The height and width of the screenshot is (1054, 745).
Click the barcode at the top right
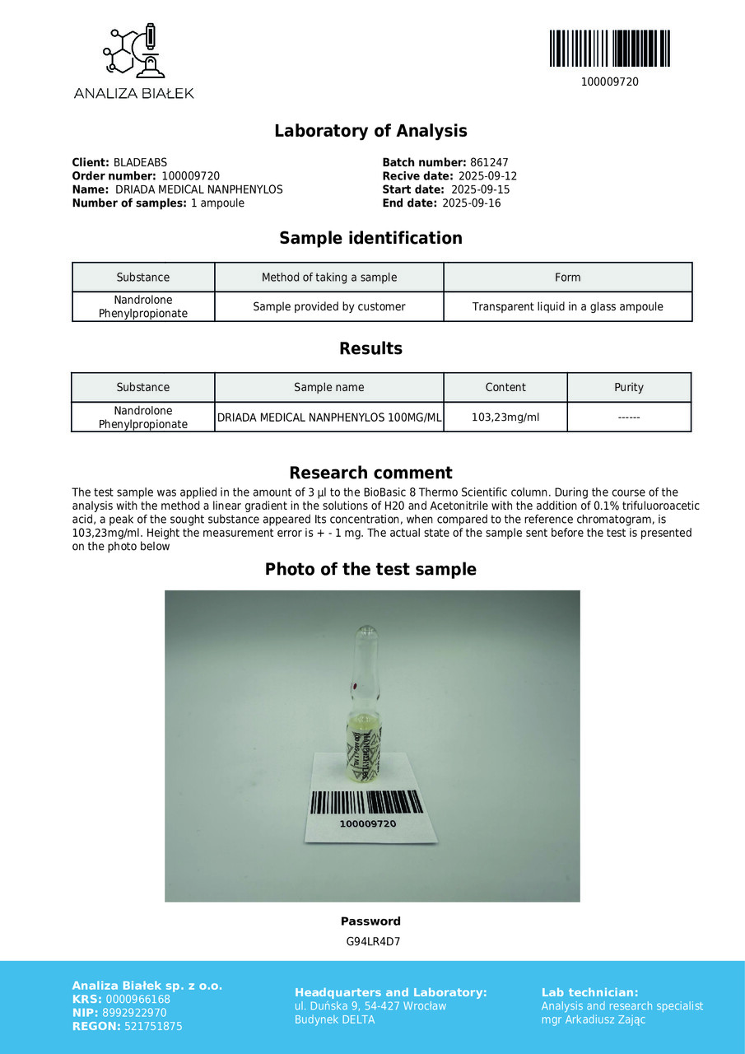[x=609, y=49]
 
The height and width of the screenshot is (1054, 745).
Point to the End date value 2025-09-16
[x=471, y=203]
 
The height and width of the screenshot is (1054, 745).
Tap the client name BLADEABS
[x=140, y=163]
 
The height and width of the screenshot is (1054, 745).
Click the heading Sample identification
[x=370, y=239]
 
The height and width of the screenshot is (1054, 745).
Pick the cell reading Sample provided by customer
[x=328, y=307]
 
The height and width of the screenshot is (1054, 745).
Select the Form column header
[x=567, y=277]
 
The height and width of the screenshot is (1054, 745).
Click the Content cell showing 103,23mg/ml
[x=505, y=417]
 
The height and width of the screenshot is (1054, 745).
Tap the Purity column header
[x=629, y=388]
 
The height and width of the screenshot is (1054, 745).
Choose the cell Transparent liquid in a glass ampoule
[x=567, y=307]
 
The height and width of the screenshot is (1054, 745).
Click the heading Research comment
[x=370, y=473]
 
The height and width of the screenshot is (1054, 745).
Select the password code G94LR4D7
[x=373, y=942]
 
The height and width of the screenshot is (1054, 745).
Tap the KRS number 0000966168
[x=138, y=1000]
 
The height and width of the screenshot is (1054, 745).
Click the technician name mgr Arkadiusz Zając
[x=593, y=1020]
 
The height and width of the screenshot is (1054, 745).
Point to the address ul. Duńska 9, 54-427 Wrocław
[x=370, y=1006]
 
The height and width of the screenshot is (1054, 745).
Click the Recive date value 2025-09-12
[x=487, y=176]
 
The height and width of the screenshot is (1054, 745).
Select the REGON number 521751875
[x=152, y=1027]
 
